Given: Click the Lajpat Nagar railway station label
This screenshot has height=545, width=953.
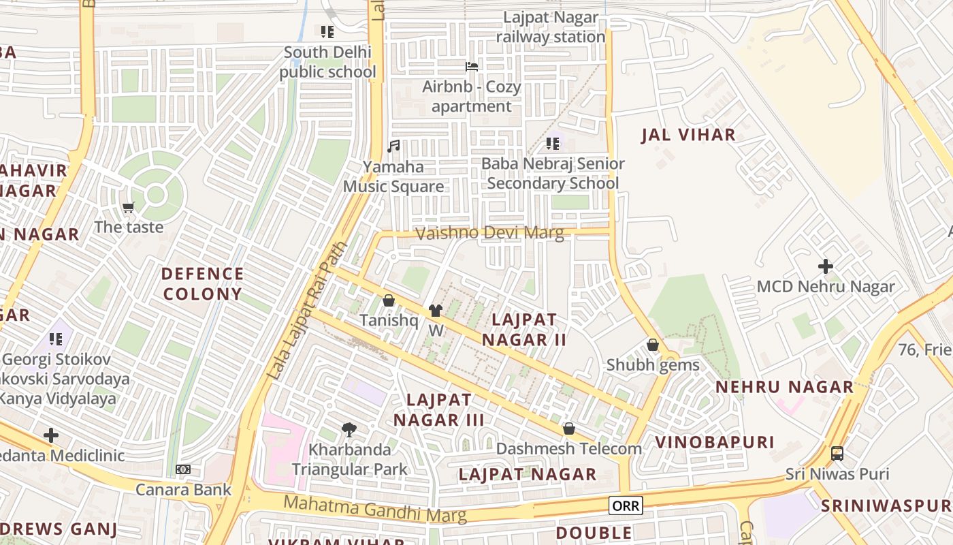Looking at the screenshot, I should pyautogui.click(x=551, y=27).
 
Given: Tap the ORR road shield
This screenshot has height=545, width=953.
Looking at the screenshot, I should pyautogui.click(x=625, y=505).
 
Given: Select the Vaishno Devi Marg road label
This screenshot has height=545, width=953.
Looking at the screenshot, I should pyautogui.click(x=489, y=233).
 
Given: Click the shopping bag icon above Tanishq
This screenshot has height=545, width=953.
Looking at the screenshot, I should pyautogui.click(x=389, y=300).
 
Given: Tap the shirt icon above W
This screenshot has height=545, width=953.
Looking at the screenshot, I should pyautogui.click(x=436, y=311).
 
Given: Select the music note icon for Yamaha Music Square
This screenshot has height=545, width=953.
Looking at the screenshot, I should pyautogui.click(x=393, y=146).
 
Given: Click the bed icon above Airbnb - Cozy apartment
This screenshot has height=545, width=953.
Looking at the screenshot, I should pyautogui.click(x=471, y=67).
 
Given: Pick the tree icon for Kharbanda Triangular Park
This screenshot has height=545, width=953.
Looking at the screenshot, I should pyautogui.click(x=349, y=429).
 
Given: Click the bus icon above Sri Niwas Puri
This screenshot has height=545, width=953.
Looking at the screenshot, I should pyautogui.click(x=837, y=453).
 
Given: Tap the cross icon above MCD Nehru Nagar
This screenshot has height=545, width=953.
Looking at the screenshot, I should pyautogui.click(x=826, y=266).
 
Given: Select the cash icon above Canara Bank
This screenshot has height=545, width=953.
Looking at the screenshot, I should pyautogui.click(x=183, y=469).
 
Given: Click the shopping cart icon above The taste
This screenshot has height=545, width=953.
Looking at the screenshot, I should pyautogui.click(x=129, y=207).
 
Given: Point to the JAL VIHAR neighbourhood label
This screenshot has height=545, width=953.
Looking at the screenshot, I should pyautogui.click(x=688, y=135).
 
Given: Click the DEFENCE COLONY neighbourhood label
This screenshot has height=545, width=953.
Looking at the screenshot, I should pyautogui.click(x=202, y=284).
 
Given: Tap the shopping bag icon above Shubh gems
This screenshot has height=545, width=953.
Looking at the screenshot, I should pyautogui.click(x=653, y=345).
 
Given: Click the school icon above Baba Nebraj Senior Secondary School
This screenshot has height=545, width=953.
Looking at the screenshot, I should pyautogui.click(x=553, y=144).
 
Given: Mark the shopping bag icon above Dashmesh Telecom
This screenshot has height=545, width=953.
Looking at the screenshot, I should pyautogui.click(x=569, y=429).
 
